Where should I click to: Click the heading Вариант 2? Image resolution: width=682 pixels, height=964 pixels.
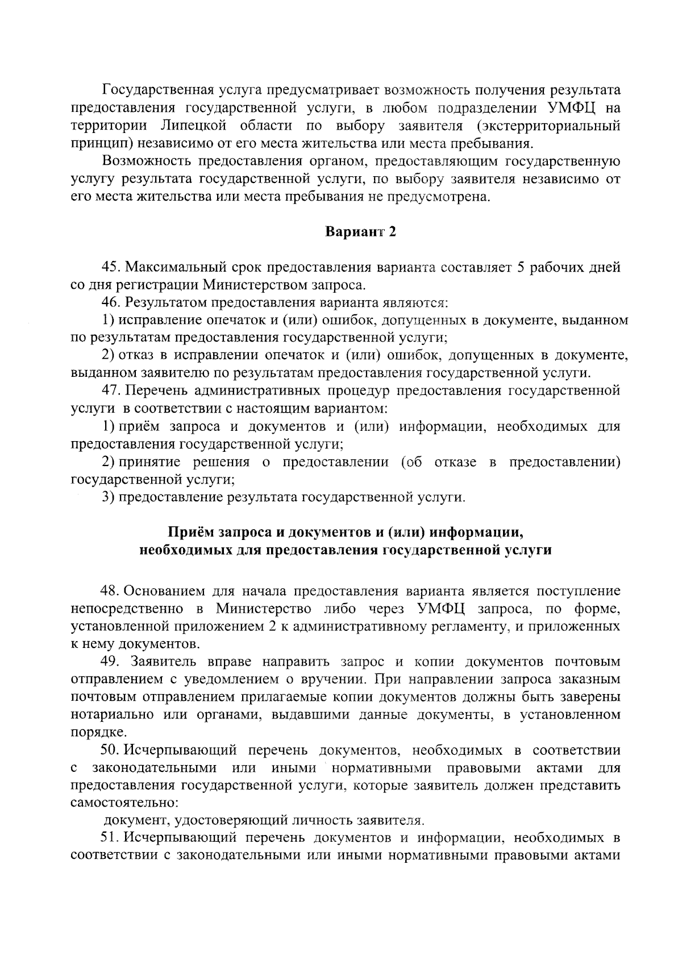pyautogui.click(x=360, y=232)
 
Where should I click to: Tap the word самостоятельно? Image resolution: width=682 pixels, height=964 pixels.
pyautogui.click(x=124, y=804)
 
